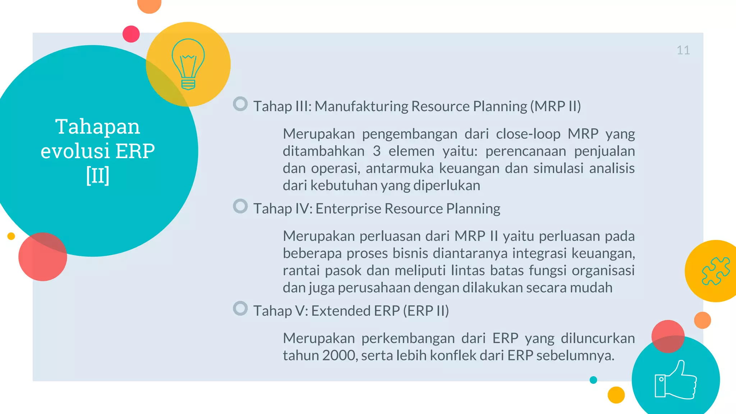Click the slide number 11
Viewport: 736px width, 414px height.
(683, 50)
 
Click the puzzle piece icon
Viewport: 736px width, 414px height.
(716, 271)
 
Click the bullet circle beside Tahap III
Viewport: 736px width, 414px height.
(240, 104)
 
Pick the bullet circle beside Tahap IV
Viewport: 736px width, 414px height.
(240, 206)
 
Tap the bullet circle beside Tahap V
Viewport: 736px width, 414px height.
(240, 308)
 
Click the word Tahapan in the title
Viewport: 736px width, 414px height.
(97, 126)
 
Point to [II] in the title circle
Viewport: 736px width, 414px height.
(97, 175)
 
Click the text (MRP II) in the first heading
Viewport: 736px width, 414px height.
(556, 106)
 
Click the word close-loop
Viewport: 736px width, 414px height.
(528, 134)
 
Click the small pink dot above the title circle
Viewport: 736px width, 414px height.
(131, 34)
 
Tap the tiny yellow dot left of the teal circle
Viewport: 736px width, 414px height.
(11, 236)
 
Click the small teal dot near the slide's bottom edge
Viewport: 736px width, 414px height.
(593, 380)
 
